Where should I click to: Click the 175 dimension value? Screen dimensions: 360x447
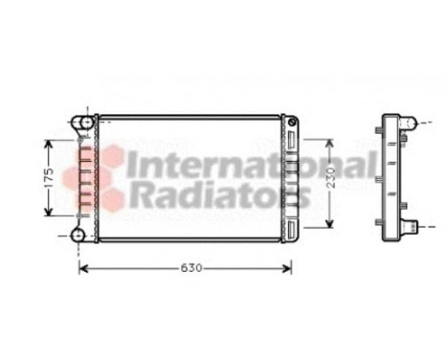pos(44,178)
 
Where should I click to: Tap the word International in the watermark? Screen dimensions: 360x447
pos(251,166)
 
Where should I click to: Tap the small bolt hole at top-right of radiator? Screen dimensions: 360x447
pos(294,123)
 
